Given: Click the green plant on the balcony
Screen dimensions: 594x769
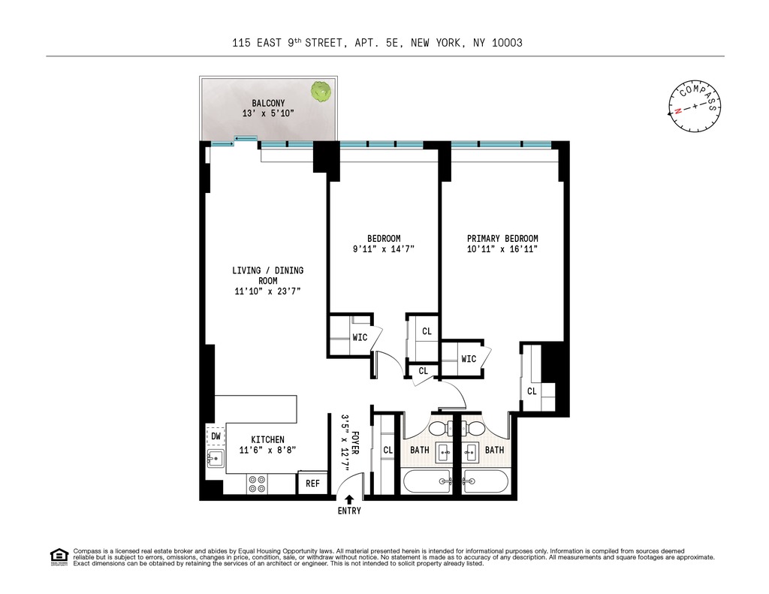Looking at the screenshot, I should [321, 92].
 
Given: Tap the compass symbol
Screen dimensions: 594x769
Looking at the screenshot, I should [694, 106].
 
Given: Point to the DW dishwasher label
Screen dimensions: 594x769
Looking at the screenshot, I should [216, 436].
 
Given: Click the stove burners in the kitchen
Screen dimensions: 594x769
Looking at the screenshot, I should [257, 484].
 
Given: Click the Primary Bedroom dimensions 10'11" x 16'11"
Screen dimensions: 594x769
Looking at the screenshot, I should [502, 249].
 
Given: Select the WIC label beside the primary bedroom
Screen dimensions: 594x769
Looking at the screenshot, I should [469, 359].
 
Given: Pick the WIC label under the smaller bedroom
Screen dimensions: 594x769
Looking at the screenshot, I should [360, 337].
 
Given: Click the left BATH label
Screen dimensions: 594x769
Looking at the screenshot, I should [419, 450].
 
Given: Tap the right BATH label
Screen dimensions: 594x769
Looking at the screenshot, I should [494, 450].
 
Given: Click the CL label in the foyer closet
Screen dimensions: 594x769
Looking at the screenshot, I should [388, 450].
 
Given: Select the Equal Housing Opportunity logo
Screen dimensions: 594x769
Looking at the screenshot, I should [58, 556].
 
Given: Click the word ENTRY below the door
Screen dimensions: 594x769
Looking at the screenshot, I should [349, 511].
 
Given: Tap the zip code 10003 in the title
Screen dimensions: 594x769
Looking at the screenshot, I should [506, 44].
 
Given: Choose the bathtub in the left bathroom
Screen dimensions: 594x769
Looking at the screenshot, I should [427, 480].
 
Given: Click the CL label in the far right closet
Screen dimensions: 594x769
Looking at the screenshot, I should [532, 390].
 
